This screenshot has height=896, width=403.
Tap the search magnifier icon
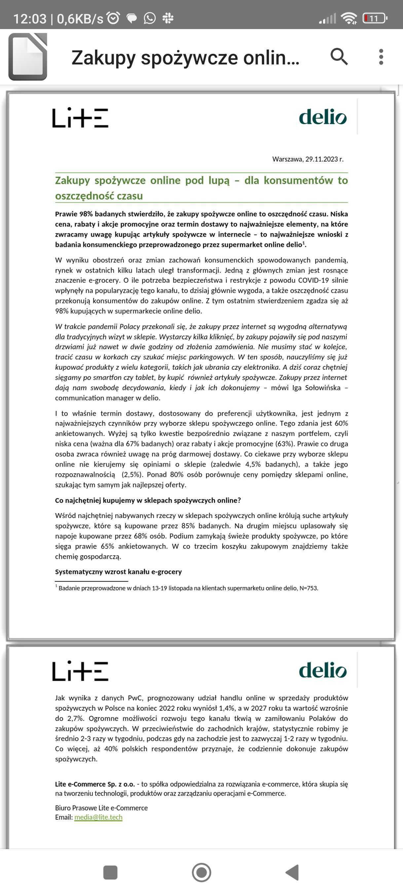click(339, 57)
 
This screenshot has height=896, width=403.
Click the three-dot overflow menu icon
click(381, 57)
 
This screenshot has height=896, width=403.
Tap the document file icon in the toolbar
click(28, 57)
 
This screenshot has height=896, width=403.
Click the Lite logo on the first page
click(80, 118)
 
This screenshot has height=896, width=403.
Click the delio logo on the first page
click(323, 117)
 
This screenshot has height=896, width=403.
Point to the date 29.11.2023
click(322, 159)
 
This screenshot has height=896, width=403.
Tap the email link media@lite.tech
click(98, 817)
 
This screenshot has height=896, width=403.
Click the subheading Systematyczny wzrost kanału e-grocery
click(118, 572)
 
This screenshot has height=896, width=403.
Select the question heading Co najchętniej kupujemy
click(148, 500)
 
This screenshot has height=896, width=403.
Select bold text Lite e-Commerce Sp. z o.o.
click(94, 784)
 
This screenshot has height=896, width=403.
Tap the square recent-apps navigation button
click(111, 872)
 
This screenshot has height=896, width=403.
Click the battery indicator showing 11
click(374, 19)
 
